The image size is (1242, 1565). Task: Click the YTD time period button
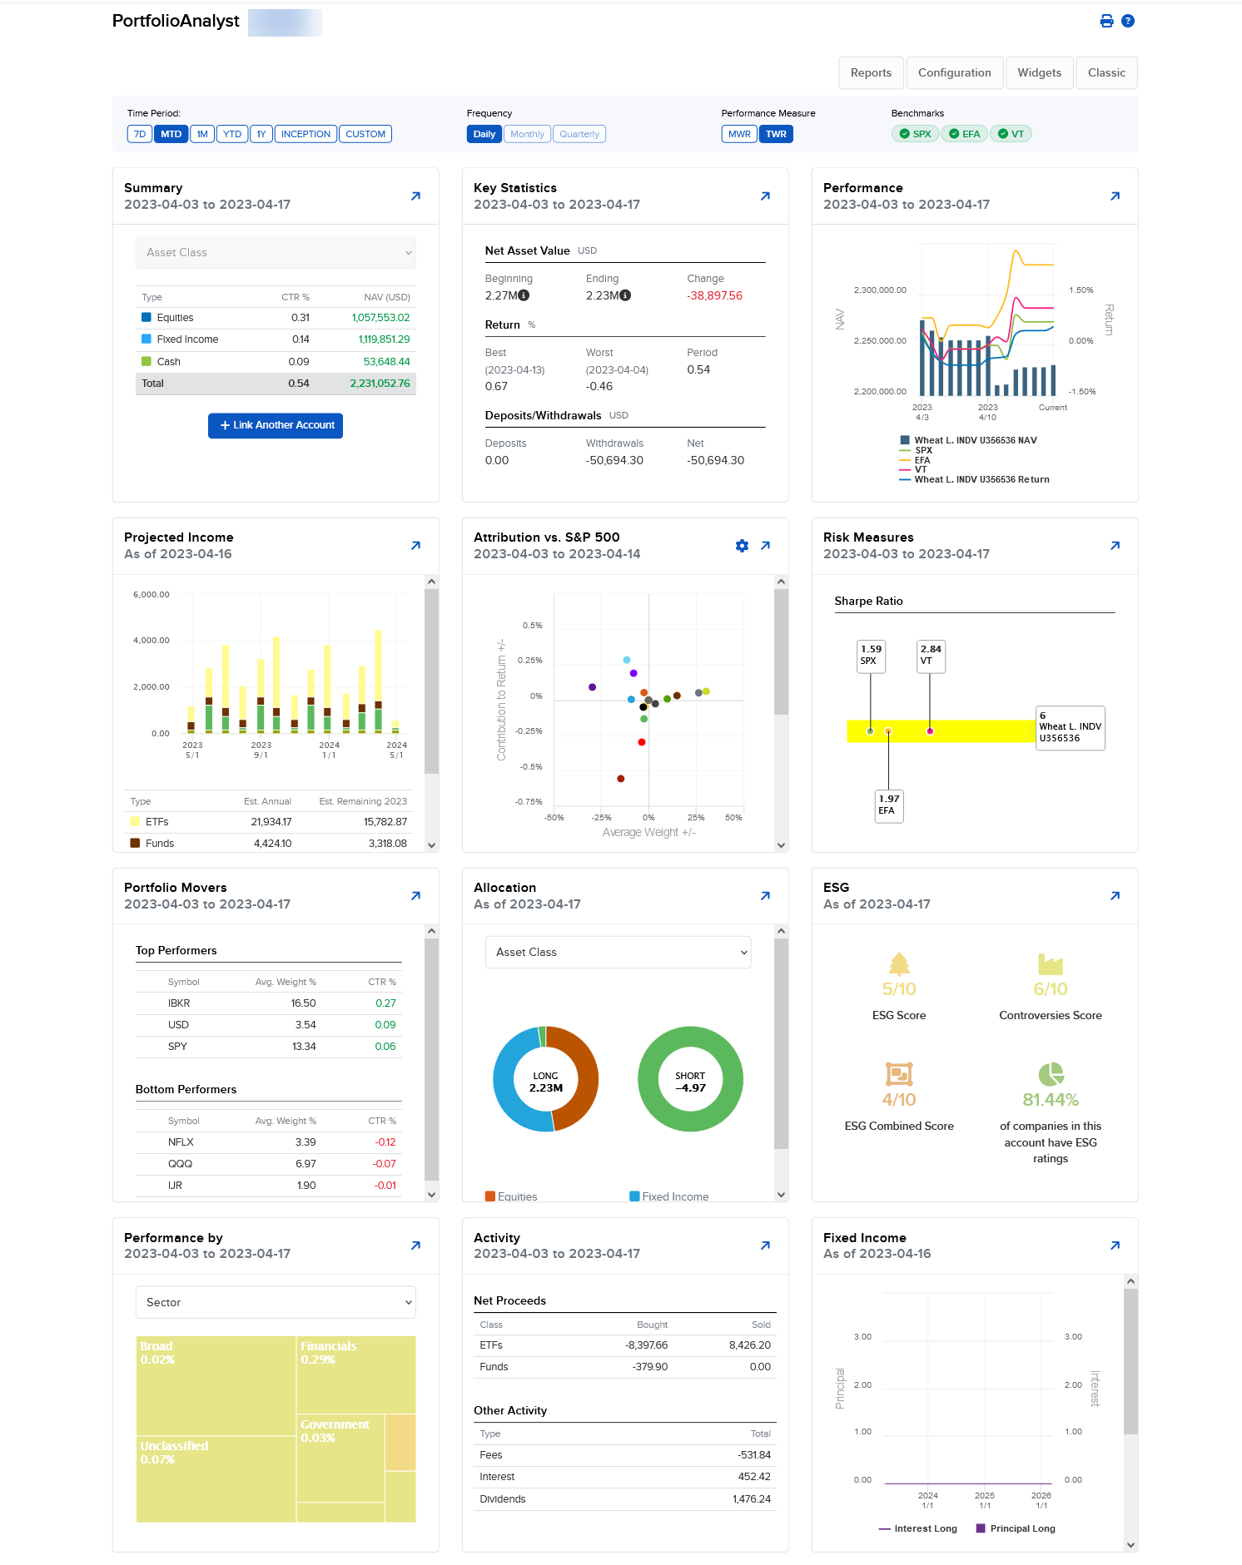232,134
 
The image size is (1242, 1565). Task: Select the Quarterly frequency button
579,134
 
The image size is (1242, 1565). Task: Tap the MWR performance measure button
739,134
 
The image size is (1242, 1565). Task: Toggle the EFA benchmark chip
965,134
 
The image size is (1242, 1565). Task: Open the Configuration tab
954,73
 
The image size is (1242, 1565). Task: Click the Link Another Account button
276,425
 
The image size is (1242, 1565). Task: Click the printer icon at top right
1106,22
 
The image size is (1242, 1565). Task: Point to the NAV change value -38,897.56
714,296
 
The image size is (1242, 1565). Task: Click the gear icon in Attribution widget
742,546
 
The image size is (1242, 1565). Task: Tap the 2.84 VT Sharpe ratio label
931,655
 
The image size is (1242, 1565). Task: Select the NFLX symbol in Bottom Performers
181,1142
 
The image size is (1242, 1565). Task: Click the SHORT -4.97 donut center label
690,1082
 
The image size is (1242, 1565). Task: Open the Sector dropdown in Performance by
276,1302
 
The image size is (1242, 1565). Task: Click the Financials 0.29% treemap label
328,1352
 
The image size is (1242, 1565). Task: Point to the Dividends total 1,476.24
752,1499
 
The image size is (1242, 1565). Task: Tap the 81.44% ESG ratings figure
1051,1100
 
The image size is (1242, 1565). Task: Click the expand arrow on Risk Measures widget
1115,546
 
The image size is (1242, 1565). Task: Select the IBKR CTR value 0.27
385,1003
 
